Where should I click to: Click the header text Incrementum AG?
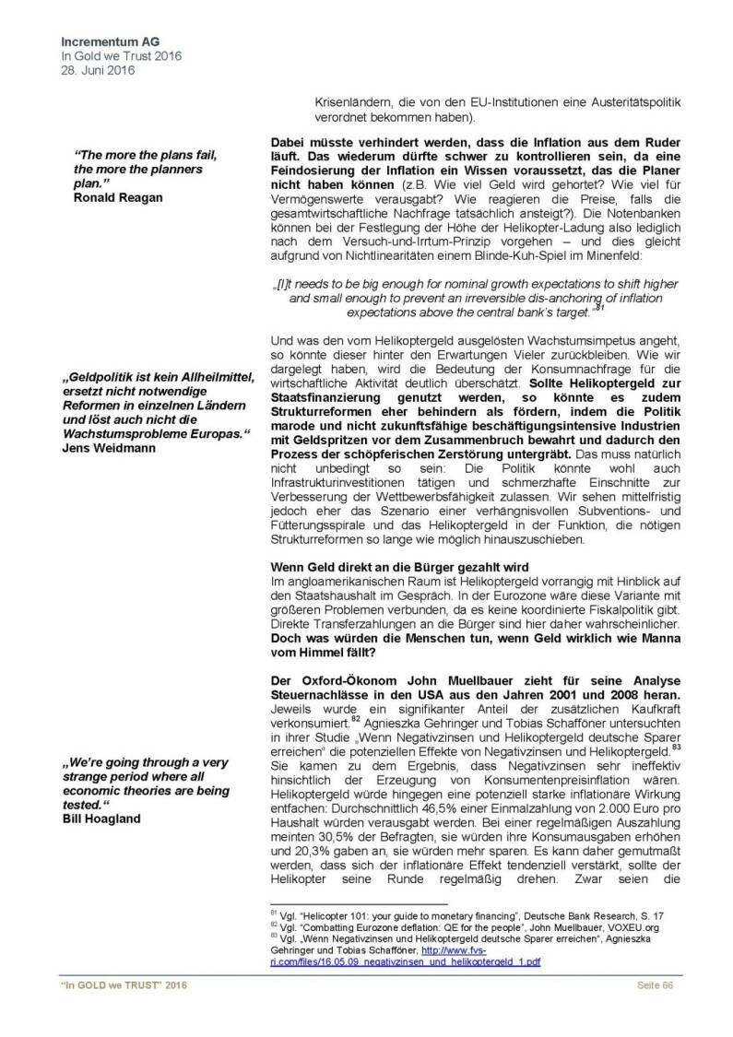108,42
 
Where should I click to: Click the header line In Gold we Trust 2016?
121,55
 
